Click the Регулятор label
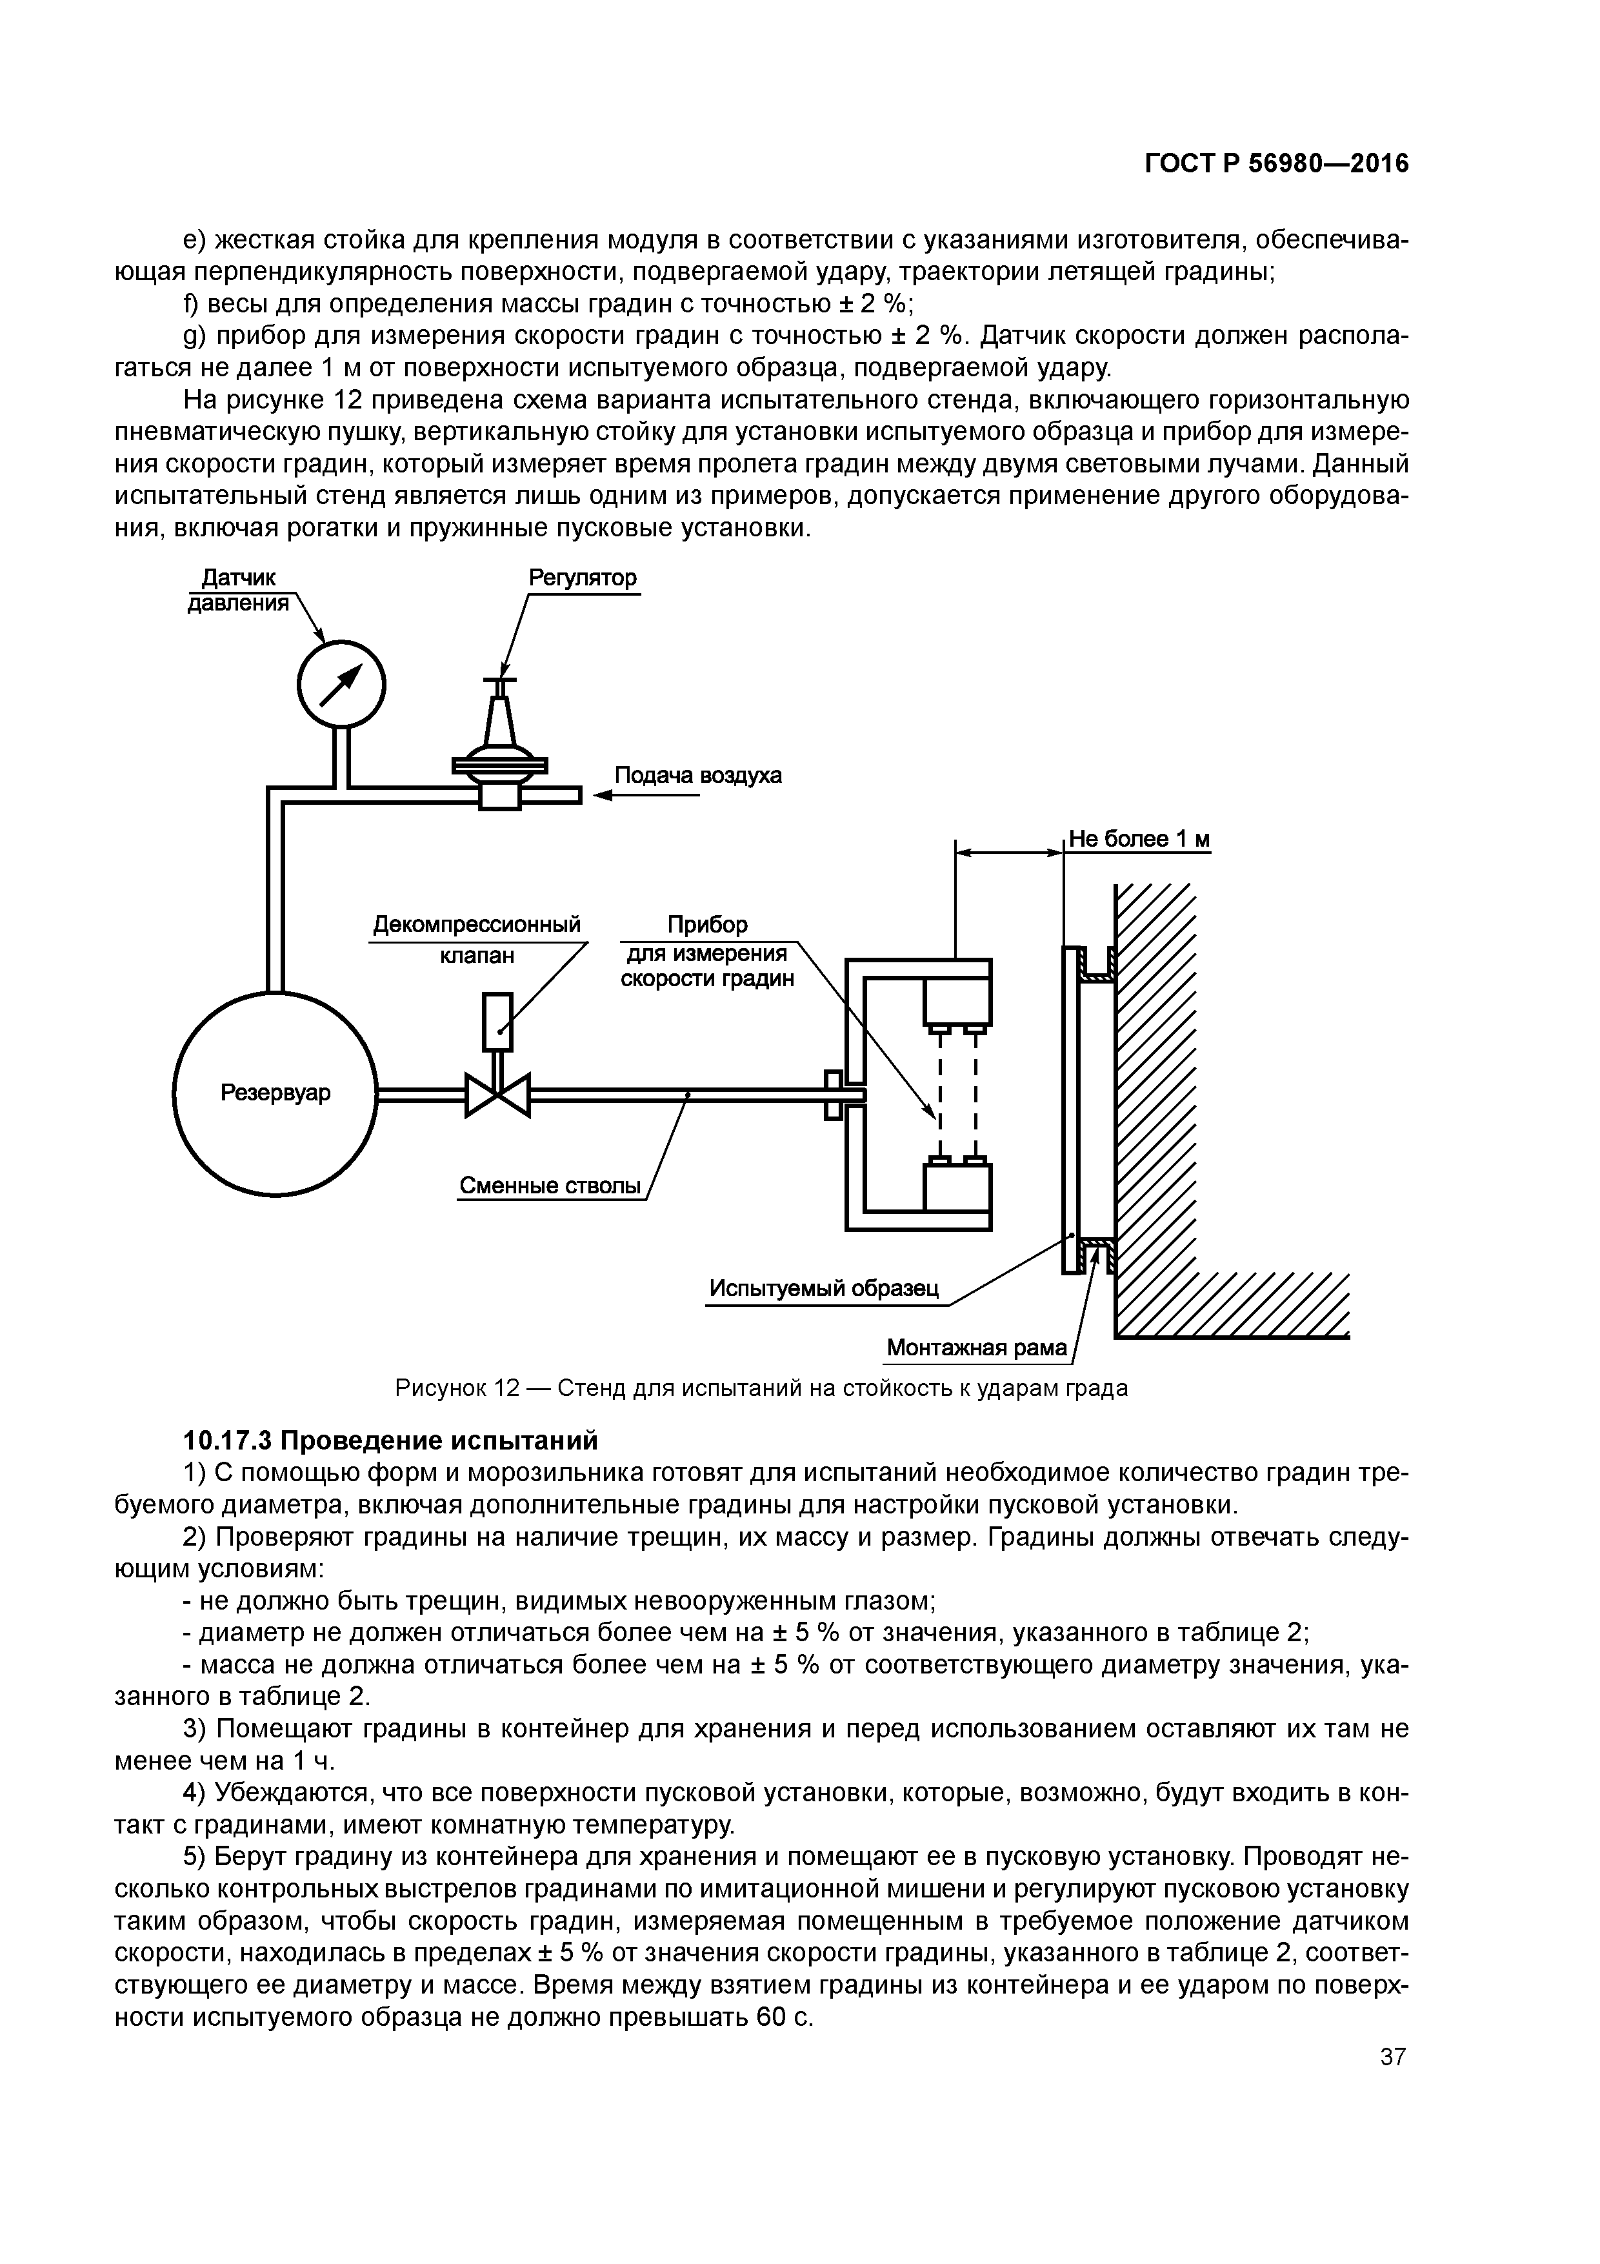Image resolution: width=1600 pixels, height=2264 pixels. (x=583, y=578)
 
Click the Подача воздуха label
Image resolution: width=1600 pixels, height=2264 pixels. (x=698, y=775)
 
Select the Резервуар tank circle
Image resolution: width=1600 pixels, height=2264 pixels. (x=275, y=1093)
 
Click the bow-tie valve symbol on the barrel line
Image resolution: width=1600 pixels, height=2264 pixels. (x=498, y=1093)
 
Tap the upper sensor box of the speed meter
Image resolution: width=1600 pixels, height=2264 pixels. (x=956, y=1001)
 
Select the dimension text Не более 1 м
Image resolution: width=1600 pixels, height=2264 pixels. (x=1139, y=839)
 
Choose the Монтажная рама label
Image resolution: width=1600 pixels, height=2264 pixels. (x=976, y=1347)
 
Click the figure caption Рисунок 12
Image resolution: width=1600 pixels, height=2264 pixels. (x=761, y=1388)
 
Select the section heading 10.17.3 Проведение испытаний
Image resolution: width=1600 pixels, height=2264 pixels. (x=390, y=1440)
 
